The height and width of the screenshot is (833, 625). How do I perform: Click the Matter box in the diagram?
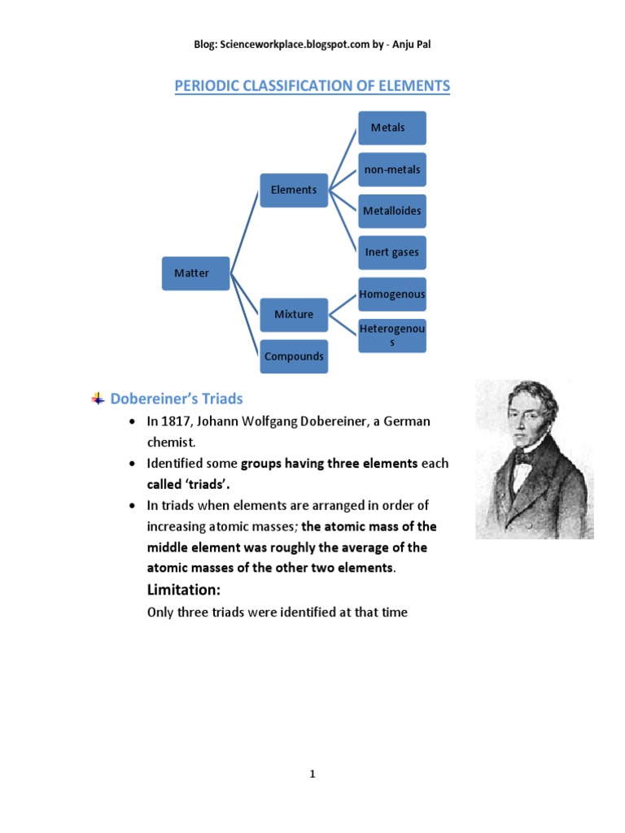click(x=191, y=273)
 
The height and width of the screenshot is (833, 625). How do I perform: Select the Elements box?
click(x=294, y=190)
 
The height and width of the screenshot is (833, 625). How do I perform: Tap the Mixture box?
click(x=294, y=314)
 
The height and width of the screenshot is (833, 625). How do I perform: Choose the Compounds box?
click(x=294, y=356)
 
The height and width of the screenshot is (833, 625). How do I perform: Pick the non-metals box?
click(x=391, y=169)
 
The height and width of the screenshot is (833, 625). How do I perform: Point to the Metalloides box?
click(x=391, y=211)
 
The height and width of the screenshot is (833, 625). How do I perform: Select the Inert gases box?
click(x=391, y=252)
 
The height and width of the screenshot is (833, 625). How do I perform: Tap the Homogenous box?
click(x=391, y=294)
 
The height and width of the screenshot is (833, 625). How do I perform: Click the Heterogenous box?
click(x=391, y=335)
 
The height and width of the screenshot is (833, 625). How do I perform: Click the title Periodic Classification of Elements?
click(x=312, y=85)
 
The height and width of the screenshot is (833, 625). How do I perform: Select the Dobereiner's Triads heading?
click(x=177, y=399)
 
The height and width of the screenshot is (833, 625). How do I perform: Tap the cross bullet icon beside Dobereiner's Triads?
click(x=98, y=399)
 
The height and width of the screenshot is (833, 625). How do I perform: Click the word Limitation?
click(x=184, y=589)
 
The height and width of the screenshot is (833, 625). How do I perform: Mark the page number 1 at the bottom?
click(x=312, y=774)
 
